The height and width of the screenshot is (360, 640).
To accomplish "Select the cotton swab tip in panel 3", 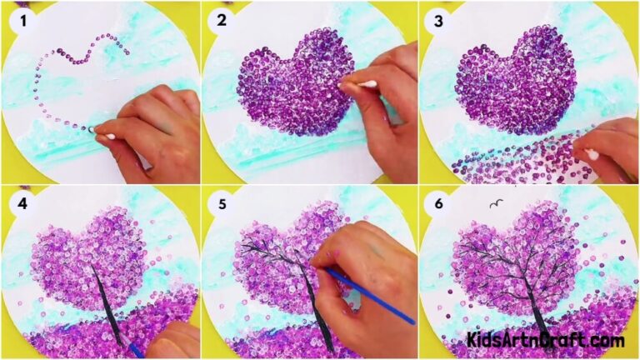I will point(592,154).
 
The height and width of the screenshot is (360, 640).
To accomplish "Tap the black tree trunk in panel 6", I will point(533,308).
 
